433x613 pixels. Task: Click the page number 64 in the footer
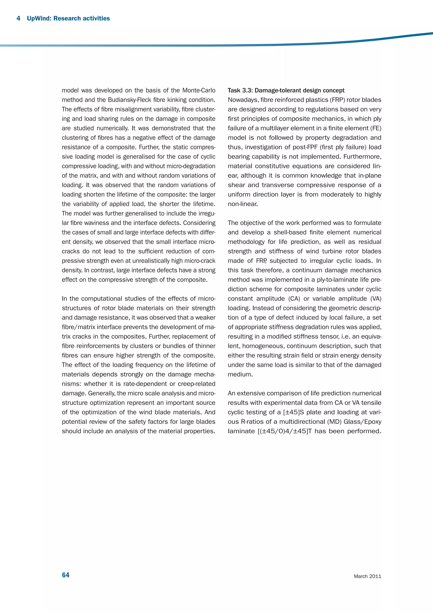[x=66, y=575]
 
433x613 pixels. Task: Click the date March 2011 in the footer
[x=367, y=576]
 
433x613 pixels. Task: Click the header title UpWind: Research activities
[x=68, y=18]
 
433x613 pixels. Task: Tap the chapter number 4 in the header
[x=18, y=18]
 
